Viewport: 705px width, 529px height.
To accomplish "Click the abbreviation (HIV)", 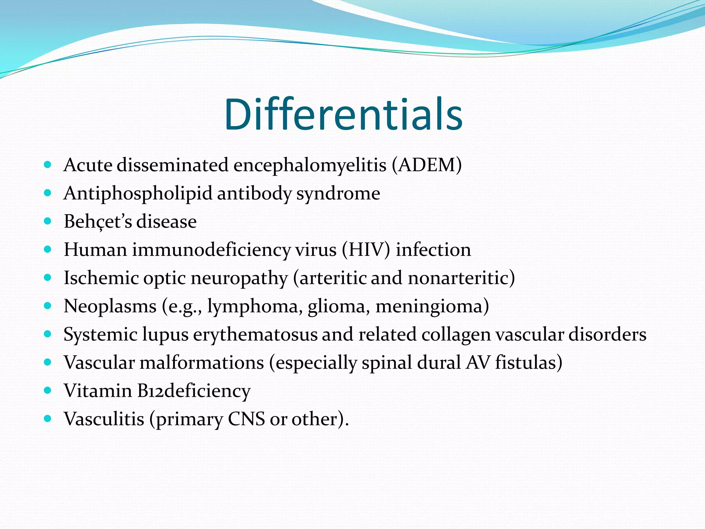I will coord(366,250).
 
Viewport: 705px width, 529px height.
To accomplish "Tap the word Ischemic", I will coord(101,278).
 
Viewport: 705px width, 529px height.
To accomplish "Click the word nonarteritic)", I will coord(461,278).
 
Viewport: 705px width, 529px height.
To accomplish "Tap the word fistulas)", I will coord(529,363).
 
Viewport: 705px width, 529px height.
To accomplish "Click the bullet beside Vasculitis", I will coord(48,419).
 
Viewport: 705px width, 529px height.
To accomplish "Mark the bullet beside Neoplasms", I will coord(48,306).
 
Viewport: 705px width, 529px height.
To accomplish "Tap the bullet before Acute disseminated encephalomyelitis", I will coord(48,165).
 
